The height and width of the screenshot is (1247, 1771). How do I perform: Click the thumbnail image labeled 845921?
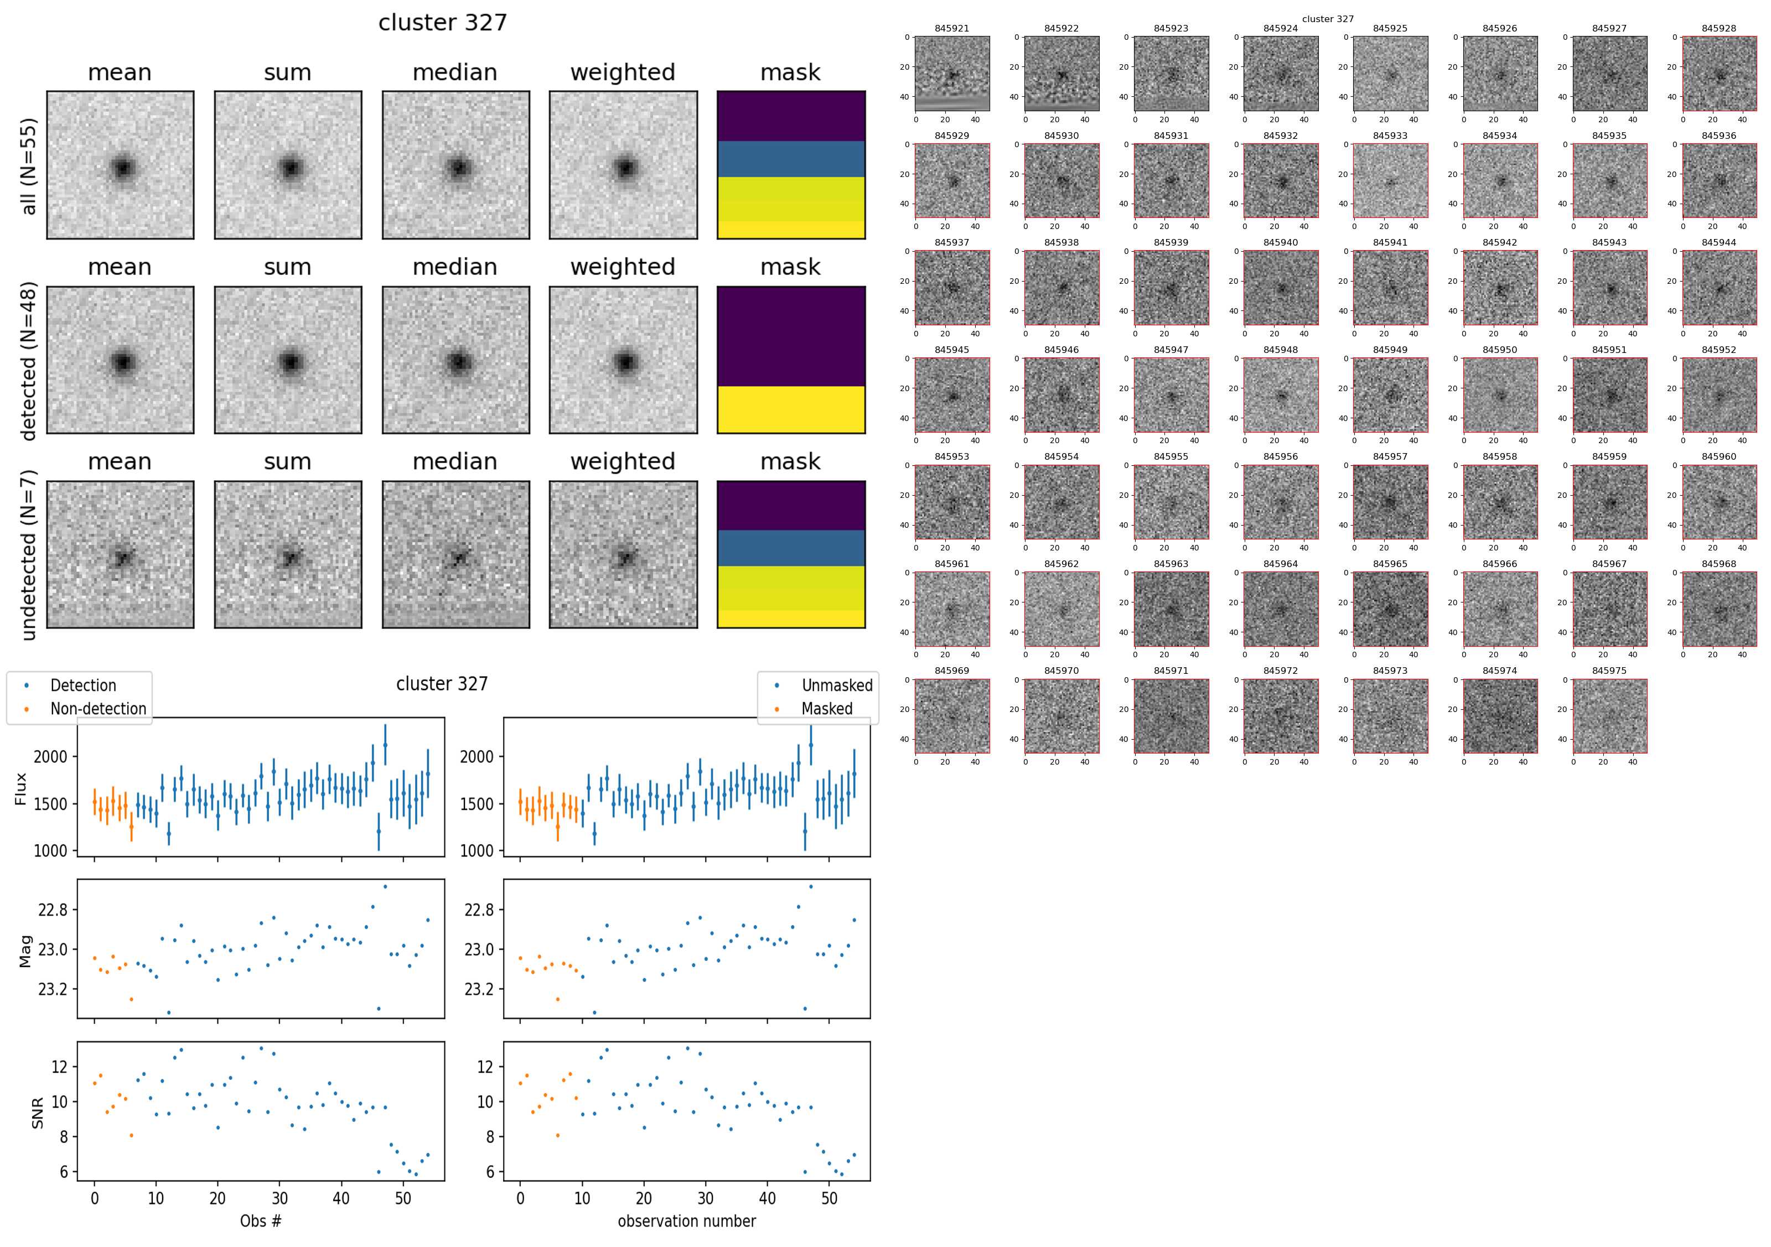[x=952, y=74]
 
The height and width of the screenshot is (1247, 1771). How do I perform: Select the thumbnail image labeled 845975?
[x=1609, y=716]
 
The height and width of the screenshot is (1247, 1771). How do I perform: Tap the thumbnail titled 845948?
[x=1281, y=395]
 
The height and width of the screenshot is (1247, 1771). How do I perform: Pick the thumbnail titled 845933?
[x=1390, y=180]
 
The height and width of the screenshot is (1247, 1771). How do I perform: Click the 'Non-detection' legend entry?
[x=97, y=709]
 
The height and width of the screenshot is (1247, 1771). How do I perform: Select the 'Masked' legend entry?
[x=826, y=709]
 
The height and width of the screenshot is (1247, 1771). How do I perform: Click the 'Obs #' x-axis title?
[x=261, y=1221]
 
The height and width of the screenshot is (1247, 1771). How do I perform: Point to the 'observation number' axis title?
[x=686, y=1221]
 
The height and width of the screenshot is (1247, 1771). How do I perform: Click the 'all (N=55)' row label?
[x=29, y=166]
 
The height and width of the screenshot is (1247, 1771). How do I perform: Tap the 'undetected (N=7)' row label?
[x=29, y=560]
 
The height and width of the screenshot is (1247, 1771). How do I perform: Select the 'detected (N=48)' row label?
[x=29, y=361]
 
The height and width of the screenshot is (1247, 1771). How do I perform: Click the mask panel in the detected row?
[x=791, y=360]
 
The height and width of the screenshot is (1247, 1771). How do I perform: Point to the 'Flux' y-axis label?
[x=21, y=789]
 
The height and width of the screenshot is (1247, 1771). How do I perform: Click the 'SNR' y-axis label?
[x=37, y=1113]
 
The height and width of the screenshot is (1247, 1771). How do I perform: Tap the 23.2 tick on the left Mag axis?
[x=53, y=989]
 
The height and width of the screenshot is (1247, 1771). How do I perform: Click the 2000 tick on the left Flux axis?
[x=50, y=756]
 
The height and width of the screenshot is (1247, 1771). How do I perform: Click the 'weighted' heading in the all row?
[x=623, y=72]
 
